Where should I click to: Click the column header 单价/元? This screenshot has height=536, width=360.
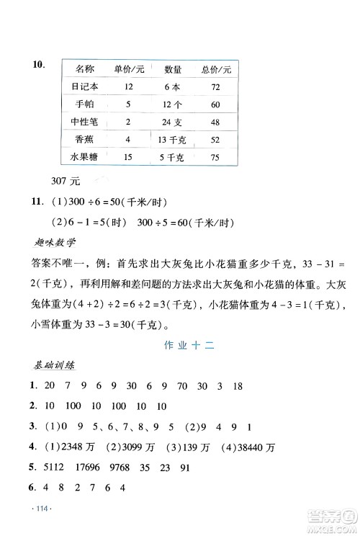[x=130, y=69]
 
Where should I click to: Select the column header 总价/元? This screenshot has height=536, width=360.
[x=216, y=69]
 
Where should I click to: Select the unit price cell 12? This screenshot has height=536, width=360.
[x=129, y=86]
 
